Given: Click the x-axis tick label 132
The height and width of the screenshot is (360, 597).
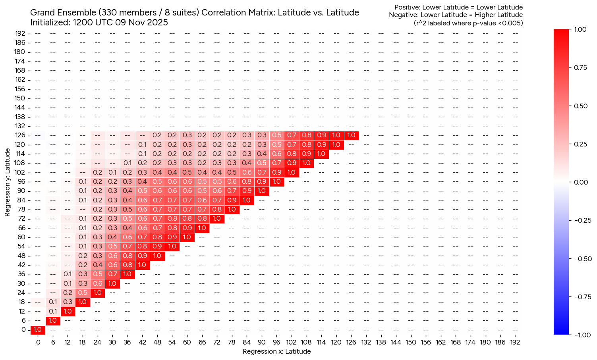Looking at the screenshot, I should point(366,342).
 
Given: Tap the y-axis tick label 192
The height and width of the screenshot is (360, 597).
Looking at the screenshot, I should point(20,33).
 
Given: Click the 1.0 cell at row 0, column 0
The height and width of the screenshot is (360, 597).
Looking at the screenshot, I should point(38,330).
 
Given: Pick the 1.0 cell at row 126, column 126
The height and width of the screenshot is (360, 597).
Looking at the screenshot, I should point(351,135).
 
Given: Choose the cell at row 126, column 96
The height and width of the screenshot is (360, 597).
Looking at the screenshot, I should point(276,135).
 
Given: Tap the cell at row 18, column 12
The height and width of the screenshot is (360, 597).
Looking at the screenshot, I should point(68,302).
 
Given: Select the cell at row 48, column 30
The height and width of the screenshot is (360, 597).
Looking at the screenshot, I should point(112,256).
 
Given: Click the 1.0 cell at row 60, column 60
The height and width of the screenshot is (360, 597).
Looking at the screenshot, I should point(187,237).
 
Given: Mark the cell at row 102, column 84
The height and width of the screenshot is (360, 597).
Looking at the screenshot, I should point(247,172).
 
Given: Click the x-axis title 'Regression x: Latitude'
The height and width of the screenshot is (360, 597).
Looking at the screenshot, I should point(276,351).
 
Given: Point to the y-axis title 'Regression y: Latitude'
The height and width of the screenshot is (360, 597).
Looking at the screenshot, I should point(8,183).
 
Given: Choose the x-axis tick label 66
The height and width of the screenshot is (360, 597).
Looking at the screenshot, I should point(202,342).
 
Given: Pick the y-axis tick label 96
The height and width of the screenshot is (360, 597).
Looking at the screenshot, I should point(22,182).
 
